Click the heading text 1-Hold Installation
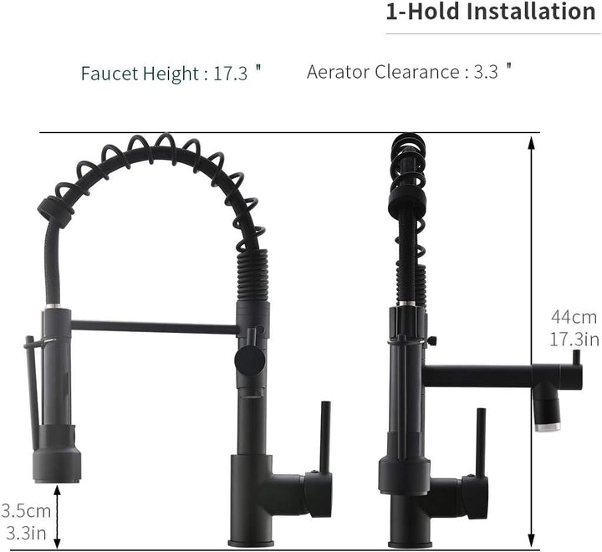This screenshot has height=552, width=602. click(490, 12)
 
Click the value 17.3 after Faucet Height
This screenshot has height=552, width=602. click(231, 73)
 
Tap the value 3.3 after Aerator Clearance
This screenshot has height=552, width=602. click(486, 71)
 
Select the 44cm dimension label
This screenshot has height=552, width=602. click(574, 317)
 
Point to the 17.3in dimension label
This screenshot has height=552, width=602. click(574, 340)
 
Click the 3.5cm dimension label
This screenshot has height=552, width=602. click(26, 511)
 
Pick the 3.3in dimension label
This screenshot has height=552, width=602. click(26, 533)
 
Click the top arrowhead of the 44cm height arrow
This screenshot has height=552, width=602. click(531, 142)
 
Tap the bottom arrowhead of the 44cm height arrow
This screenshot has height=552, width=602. click(531, 540)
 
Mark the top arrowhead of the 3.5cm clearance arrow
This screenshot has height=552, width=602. click(57, 491)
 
